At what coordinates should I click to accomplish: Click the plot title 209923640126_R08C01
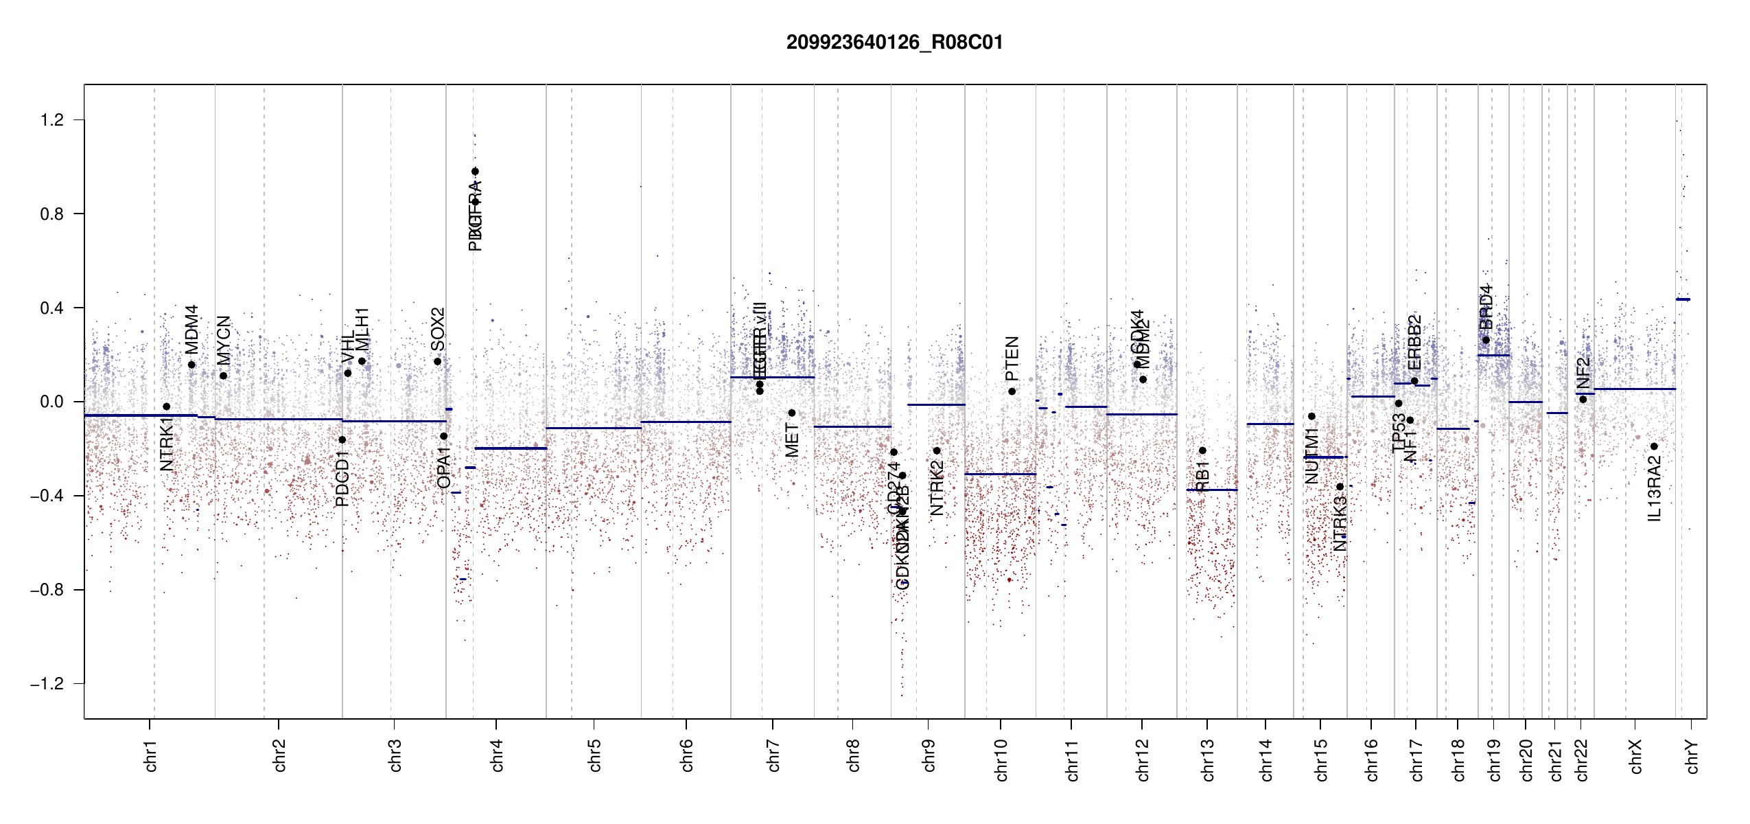(x=894, y=43)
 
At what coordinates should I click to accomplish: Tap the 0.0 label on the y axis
(x=51, y=402)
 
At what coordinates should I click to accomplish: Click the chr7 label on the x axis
(x=773, y=755)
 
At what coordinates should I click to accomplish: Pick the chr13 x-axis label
(x=1207, y=759)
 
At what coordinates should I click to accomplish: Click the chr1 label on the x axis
(x=150, y=755)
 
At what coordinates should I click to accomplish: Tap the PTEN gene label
(x=1012, y=358)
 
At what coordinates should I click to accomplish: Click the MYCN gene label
(x=224, y=341)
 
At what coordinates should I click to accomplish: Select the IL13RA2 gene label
(x=1654, y=489)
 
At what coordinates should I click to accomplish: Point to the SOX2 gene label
(x=437, y=330)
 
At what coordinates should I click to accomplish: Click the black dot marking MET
(x=792, y=413)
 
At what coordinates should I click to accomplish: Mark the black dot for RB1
(x=1202, y=450)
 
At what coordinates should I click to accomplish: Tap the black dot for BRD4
(x=1486, y=340)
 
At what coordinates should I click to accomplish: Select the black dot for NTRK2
(x=937, y=450)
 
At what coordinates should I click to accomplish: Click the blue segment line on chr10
(x=1000, y=474)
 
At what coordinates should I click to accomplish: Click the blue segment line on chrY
(x=1683, y=299)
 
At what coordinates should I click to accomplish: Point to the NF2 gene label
(x=1583, y=373)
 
